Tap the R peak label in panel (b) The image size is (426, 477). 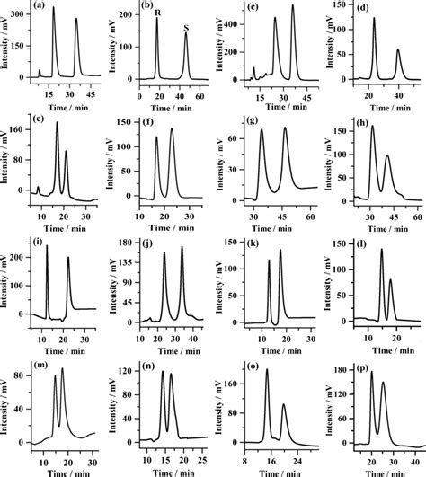(x=158, y=12)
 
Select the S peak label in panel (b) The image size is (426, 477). (x=185, y=28)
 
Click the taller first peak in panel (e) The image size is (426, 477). (x=58, y=124)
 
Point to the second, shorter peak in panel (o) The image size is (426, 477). (x=284, y=405)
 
